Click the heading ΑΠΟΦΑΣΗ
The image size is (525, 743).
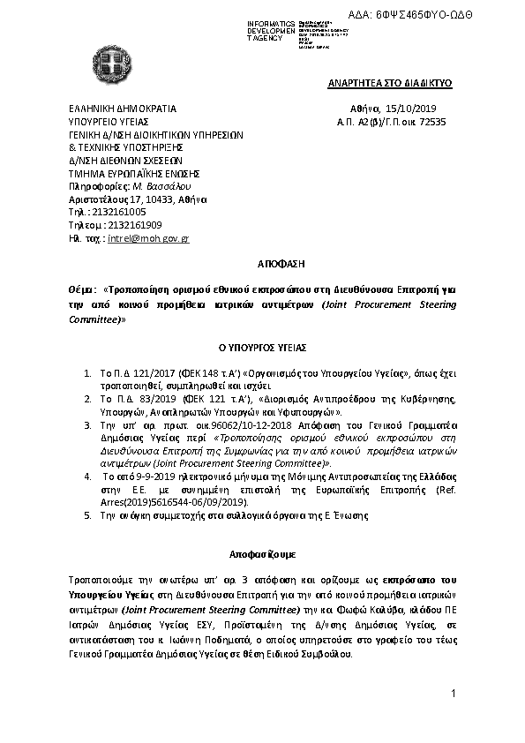click(x=262, y=263)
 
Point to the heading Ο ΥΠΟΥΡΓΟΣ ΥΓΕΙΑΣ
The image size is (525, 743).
click(x=262, y=349)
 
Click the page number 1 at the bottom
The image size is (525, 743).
click(x=452, y=694)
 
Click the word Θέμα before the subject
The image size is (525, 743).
click(x=81, y=288)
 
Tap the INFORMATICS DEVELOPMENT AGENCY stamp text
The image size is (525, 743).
click(x=272, y=29)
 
